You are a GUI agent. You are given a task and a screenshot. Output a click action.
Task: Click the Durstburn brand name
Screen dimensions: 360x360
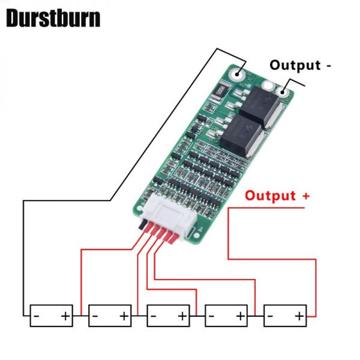point(53,18)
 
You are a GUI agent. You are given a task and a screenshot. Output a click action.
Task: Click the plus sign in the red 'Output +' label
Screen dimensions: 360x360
point(306,196)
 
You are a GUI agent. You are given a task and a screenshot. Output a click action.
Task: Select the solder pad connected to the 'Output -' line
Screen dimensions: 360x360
point(281,91)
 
